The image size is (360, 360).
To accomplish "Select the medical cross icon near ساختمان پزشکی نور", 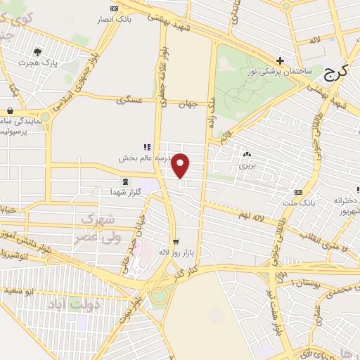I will coord(281,60).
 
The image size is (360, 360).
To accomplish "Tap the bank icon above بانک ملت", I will coord(299,192).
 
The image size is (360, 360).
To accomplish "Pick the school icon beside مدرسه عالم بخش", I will coord(147,148).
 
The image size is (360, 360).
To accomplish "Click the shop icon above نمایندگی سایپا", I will coord(11,110).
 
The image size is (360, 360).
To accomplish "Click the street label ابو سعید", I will coord(19,288).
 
